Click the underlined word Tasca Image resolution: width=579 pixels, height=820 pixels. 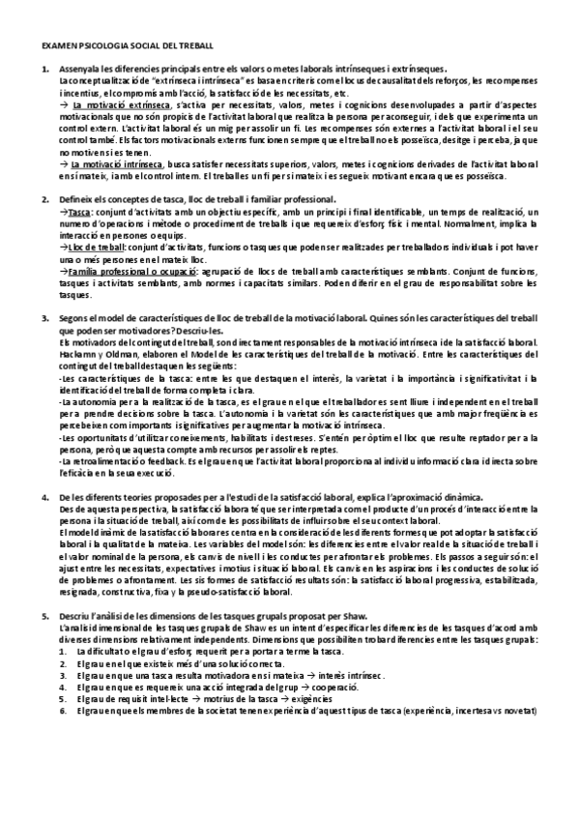[80, 212]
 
